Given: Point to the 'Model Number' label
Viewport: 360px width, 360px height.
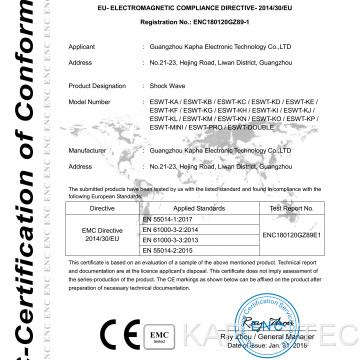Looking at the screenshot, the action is [90, 101].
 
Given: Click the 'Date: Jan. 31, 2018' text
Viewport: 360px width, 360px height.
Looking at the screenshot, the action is [286, 351].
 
